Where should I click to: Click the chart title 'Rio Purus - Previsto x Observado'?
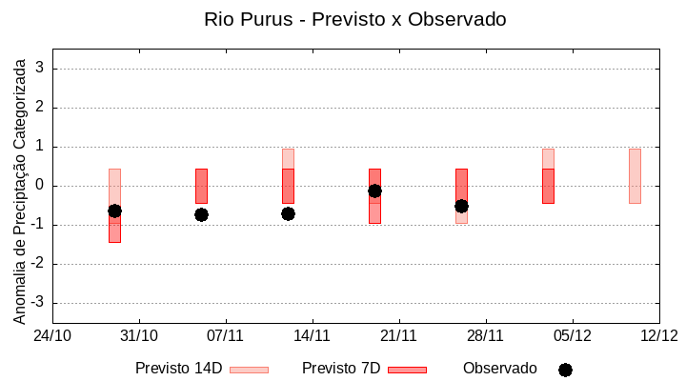click(355, 19)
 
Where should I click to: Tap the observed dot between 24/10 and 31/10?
click(114, 211)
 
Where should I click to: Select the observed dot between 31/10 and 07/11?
click(201, 214)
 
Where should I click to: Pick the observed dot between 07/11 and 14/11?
click(288, 213)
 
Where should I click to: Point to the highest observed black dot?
click(374, 190)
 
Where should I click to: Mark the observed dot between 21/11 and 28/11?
click(461, 206)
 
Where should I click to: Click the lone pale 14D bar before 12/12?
click(635, 176)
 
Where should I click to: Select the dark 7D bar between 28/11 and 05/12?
click(548, 186)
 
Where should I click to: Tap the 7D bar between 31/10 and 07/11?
click(201, 186)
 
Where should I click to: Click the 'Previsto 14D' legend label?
click(178, 369)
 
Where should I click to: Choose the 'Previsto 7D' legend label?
click(341, 369)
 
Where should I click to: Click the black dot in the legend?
click(565, 370)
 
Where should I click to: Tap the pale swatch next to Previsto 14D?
click(249, 370)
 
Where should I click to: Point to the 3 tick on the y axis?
click(41, 69)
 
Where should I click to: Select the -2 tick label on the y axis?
click(39, 264)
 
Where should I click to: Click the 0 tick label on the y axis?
click(41, 186)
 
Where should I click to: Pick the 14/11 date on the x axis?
click(312, 335)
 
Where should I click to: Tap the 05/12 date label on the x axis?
click(572, 335)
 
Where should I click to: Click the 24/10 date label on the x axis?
click(52, 335)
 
